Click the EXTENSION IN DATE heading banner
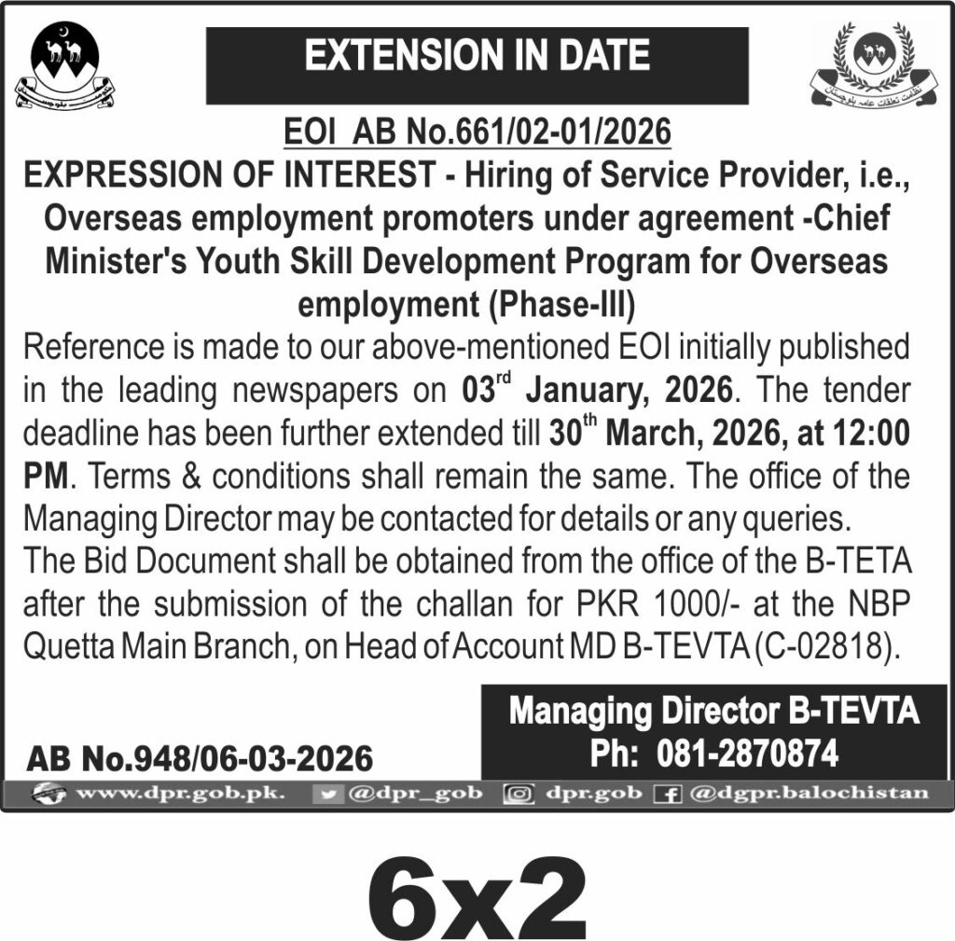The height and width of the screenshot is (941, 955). click(x=477, y=57)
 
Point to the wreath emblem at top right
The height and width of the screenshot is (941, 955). click(x=874, y=68)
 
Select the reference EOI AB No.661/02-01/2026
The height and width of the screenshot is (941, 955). click(x=477, y=132)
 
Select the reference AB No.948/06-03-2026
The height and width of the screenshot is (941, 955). click(x=200, y=759)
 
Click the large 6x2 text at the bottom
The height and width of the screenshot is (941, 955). click(x=477, y=889)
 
